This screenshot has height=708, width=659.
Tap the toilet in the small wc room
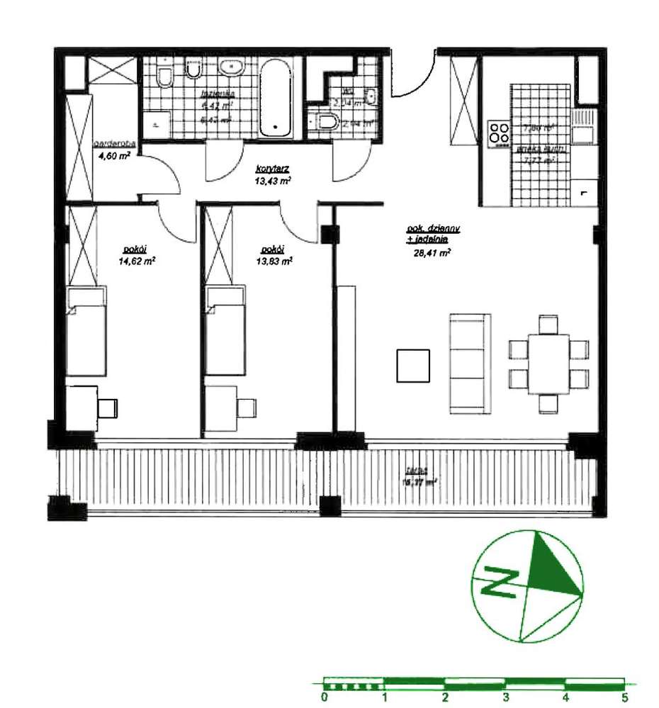click(326, 122)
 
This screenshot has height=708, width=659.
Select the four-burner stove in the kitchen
click(499, 132)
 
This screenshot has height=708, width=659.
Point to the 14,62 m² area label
click(137, 260)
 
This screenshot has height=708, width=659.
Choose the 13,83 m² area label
click(276, 260)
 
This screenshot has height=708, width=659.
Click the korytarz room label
click(274, 169)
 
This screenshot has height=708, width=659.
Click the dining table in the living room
click(549, 363)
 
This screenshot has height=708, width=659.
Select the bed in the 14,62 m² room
click(87, 331)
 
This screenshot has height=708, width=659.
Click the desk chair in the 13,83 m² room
click(247, 408)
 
